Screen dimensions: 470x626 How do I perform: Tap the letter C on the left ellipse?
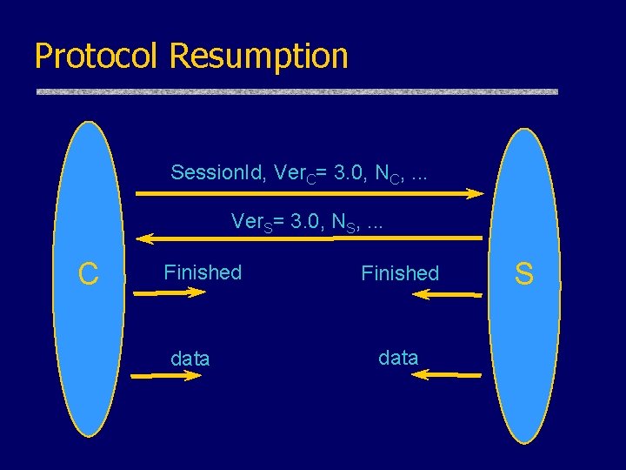pyautogui.click(x=88, y=274)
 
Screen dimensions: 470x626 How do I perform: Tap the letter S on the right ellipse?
pyautogui.click(x=523, y=274)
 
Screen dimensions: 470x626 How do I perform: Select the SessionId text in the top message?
pyautogui.click(x=218, y=172)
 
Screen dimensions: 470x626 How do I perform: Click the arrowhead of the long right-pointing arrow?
pyautogui.click(x=474, y=194)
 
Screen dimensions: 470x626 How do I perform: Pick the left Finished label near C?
pyautogui.click(x=203, y=272)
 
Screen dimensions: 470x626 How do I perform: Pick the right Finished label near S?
pyautogui.click(x=400, y=273)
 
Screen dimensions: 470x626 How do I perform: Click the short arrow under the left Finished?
pyautogui.click(x=170, y=294)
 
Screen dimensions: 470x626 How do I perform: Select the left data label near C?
pyautogui.click(x=190, y=358)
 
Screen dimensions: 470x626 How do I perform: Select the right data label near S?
pyautogui.click(x=398, y=357)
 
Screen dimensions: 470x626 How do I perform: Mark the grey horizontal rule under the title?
pyautogui.click(x=296, y=91)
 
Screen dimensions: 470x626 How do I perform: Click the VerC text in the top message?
pyautogui.click(x=293, y=173)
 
